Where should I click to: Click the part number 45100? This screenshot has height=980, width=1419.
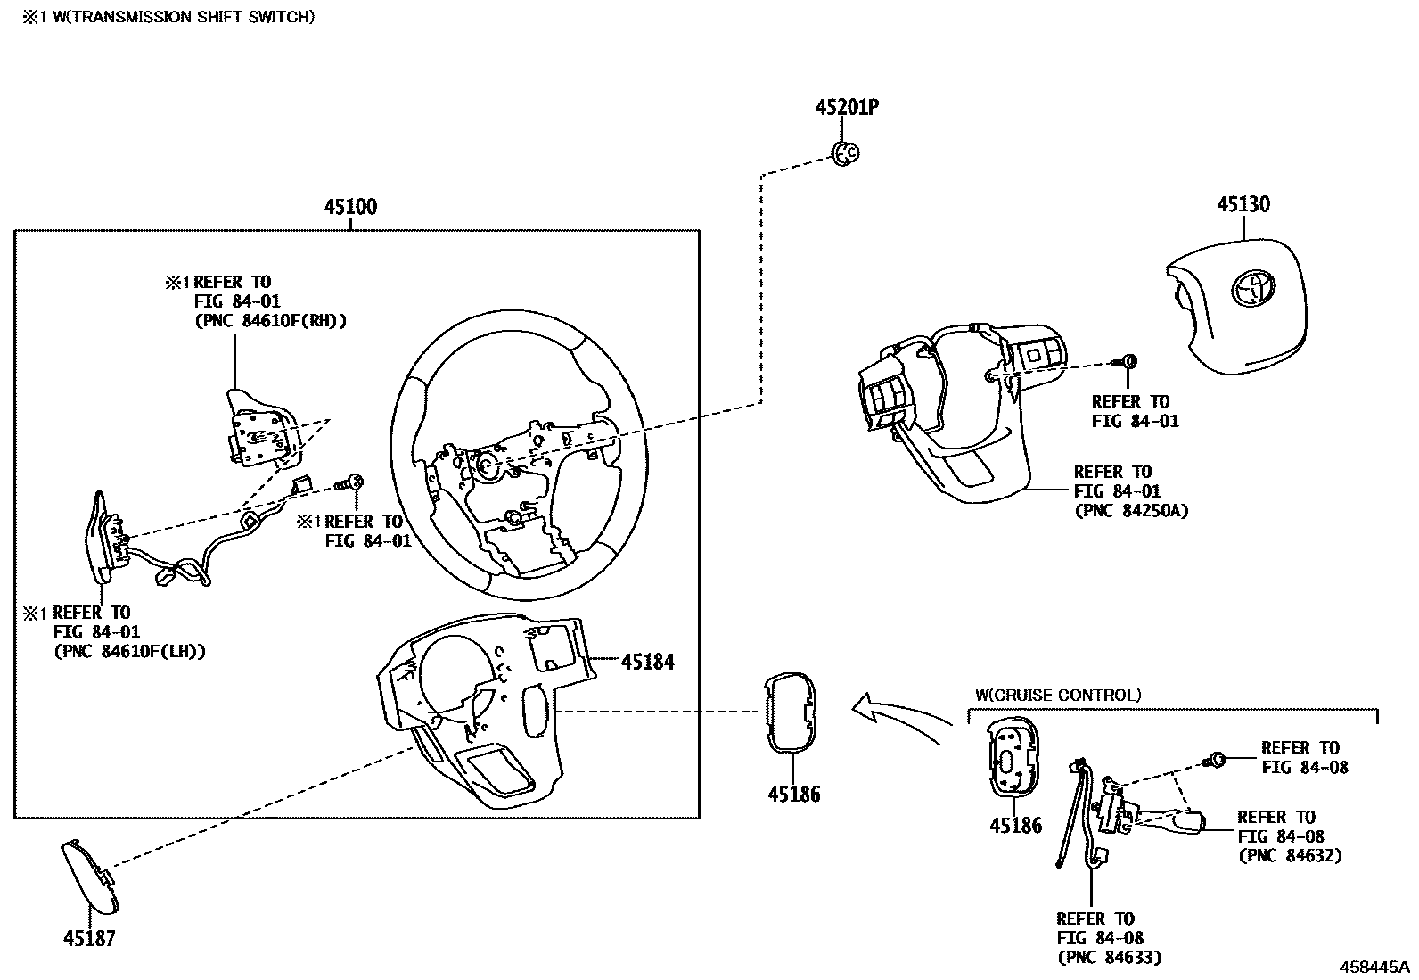[350, 208]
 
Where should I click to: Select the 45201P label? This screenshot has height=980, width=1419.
[847, 108]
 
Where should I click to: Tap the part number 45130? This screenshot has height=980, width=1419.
[1243, 205]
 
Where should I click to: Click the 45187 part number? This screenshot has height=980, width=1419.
[89, 938]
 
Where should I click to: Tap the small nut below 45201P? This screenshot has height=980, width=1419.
[844, 153]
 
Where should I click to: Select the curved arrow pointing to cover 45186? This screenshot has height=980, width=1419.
[900, 713]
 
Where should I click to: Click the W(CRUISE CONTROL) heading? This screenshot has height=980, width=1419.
[1057, 696]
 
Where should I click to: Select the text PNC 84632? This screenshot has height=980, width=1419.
[1290, 856]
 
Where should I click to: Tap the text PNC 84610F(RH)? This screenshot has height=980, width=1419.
[270, 321]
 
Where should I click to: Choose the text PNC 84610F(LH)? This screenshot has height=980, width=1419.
[129, 652]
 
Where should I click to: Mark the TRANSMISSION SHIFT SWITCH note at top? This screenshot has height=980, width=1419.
[168, 16]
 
